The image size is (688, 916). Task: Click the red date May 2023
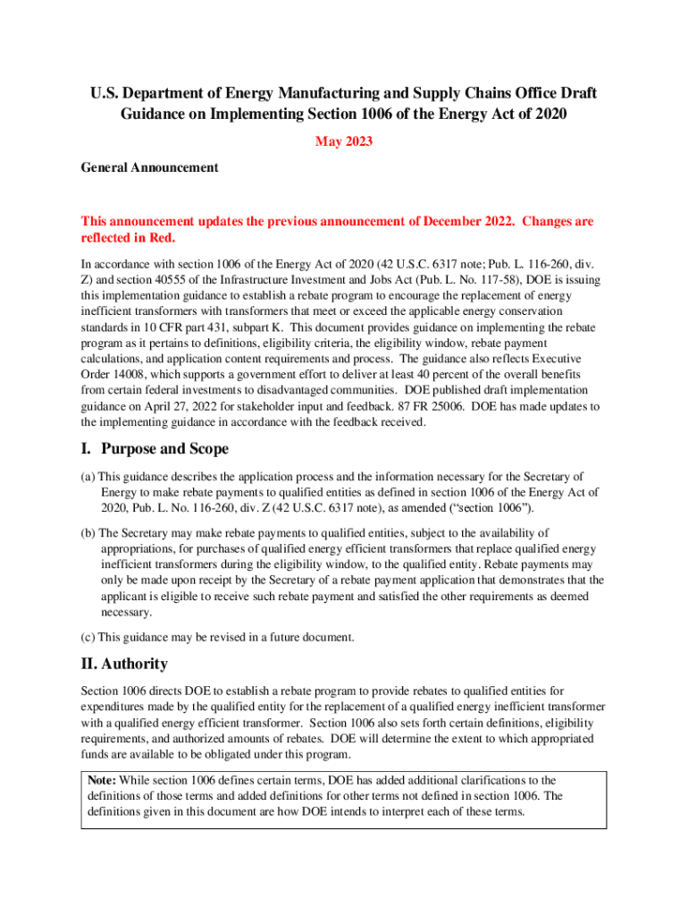tap(344, 141)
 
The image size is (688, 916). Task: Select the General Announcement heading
tap(149, 167)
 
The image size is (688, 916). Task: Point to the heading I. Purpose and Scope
tap(155, 448)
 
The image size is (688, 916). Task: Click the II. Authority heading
tap(124, 664)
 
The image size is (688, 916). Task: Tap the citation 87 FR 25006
tap(427, 406)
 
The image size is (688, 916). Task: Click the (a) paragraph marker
tap(88, 476)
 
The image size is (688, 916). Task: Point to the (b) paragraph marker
tap(88, 533)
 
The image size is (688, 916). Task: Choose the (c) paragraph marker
tap(88, 637)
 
